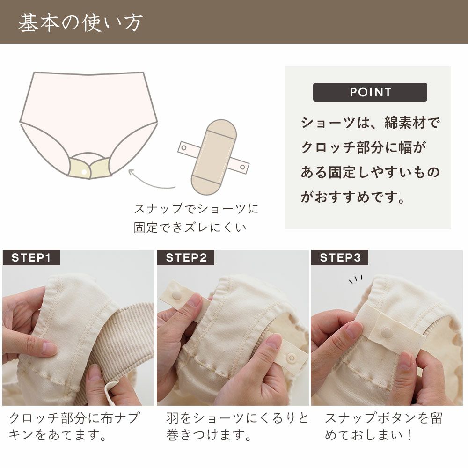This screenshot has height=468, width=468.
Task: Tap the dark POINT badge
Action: (x=370, y=92)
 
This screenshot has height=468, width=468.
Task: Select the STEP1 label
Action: (x=31, y=258)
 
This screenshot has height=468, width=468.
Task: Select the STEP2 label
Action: (x=186, y=258)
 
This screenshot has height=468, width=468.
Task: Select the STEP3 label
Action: (x=340, y=258)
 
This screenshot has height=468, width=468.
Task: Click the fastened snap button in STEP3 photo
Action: (x=387, y=333)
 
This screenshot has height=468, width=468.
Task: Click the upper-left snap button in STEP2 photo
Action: (x=177, y=295)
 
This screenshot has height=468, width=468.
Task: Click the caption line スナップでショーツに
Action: (x=196, y=208)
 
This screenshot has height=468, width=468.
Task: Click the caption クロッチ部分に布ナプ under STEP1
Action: (x=74, y=418)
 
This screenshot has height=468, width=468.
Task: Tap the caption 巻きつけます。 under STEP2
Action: (x=209, y=436)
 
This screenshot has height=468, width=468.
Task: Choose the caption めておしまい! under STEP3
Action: (x=369, y=436)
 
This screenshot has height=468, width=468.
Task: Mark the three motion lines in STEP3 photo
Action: (x=355, y=280)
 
